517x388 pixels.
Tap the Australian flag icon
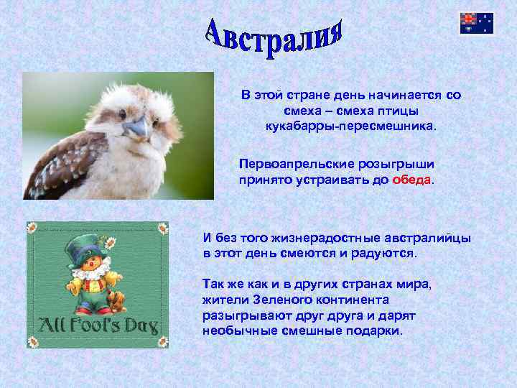[477, 23]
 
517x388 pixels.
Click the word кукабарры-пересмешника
[350, 126]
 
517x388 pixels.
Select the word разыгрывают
[243, 315]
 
